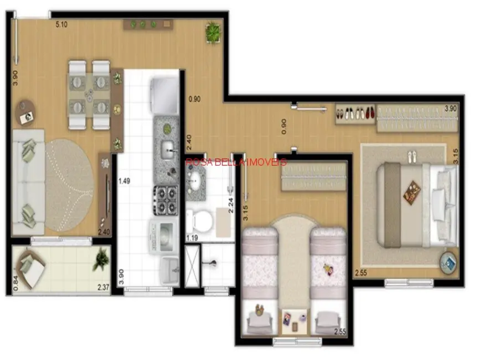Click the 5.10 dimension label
coord(62,24)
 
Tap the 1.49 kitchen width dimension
coord(124,180)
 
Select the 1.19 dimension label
coord(192,238)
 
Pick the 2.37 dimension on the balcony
coord(103,287)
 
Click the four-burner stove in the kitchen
coord(166,200)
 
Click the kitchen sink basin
coord(168,148)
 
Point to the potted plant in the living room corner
coord(213,32)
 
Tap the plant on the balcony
coord(101,259)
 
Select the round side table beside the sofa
coord(25,112)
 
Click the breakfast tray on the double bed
coord(411,192)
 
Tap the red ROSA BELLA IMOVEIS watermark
coord(236,162)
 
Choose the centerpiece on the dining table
coord(89,94)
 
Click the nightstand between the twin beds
coord(295,320)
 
